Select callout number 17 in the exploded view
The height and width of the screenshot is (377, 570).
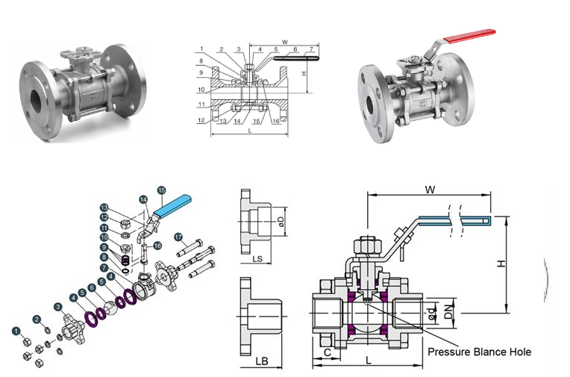[179, 238]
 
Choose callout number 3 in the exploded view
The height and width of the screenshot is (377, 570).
[58, 307]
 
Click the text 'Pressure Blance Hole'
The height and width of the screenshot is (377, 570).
[479, 351]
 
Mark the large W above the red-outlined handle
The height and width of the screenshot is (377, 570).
[430, 190]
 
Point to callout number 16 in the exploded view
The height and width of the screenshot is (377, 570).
[157, 246]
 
